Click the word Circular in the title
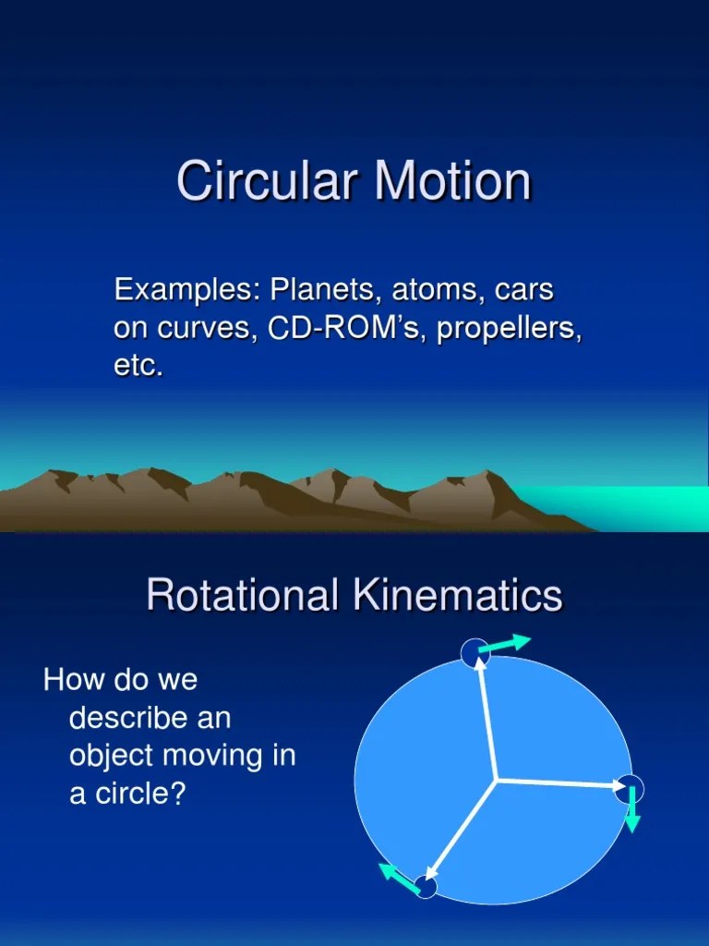(267, 181)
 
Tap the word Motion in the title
(452, 181)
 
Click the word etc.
(138, 366)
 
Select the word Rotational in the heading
(242, 595)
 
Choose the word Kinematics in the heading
(458, 595)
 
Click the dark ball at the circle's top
(473, 652)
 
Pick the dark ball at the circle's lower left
(426, 888)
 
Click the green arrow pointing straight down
(632, 810)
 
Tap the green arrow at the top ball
(505, 644)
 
